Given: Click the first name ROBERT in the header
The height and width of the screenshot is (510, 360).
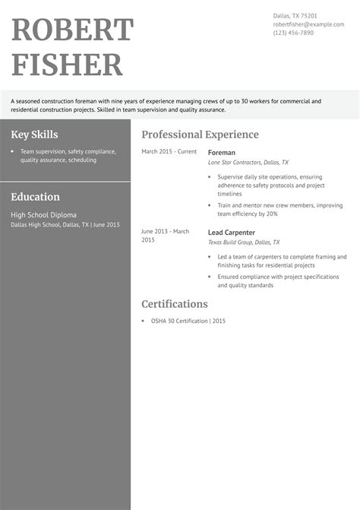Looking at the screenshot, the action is (73, 30).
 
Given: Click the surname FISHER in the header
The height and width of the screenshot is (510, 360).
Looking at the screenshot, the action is (68, 65).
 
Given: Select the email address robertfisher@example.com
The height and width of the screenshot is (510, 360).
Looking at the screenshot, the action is (304, 24).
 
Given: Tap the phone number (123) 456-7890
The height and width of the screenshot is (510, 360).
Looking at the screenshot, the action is (293, 33).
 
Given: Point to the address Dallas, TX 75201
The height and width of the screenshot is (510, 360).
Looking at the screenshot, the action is (295, 15).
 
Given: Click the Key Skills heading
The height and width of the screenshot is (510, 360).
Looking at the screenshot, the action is (35, 135).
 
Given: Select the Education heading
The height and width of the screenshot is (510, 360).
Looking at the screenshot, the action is (35, 196).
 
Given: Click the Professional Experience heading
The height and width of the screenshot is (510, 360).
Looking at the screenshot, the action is (200, 135).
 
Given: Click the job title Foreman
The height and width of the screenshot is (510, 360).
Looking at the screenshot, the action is (221, 152).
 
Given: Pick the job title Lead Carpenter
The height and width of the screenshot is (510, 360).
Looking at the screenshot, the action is (231, 232).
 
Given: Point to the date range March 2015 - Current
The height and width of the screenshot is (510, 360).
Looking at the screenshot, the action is (169, 152).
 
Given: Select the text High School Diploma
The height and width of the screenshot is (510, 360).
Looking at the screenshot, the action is (43, 215).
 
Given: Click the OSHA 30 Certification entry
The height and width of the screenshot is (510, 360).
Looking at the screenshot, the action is (182, 321).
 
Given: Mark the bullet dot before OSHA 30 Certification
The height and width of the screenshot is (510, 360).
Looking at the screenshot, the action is (144, 322).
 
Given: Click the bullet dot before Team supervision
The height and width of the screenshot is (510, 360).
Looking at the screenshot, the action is (13, 152).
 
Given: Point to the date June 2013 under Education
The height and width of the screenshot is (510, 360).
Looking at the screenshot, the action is (107, 225).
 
